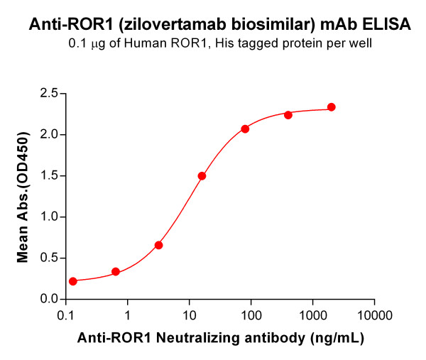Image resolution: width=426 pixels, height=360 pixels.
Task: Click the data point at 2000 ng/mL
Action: click(x=332, y=107)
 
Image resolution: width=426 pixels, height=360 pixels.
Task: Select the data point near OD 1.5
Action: click(x=202, y=176)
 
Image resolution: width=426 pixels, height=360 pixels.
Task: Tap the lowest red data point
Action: click(x=73, y=281)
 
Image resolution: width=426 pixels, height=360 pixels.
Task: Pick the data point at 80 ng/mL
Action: click(x=245, y=129)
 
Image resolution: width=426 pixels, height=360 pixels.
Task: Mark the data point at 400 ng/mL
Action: click(x=288, y=115)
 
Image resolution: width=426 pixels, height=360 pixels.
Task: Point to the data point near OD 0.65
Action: click(x=159, y=245)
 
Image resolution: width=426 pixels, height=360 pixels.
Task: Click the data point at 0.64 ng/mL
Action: click(x=116, y=272)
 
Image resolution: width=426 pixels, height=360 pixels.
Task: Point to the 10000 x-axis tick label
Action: click(x=373, y=314)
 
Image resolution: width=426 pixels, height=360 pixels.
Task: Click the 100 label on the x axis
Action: click(x=251, y=314)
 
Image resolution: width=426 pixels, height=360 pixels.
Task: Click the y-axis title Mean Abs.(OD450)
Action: click(x=23, y=196)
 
